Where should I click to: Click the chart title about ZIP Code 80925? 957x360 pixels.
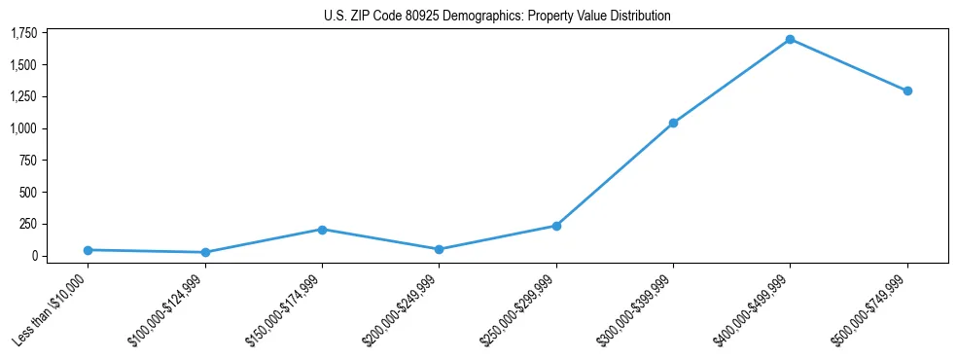(x=497, y=16)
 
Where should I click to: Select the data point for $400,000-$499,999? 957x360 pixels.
(x=790, y=40)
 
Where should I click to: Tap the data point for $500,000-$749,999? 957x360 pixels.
(x=907, y=90)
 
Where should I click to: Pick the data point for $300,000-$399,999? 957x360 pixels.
(x=673, y=124)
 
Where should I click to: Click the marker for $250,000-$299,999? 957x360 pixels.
(x=556, y=226)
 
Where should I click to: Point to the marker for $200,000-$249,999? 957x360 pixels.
(x=439, y=249)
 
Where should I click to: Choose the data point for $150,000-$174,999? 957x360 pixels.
(x=322, y=230)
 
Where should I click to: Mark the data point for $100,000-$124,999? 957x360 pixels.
(x=205, y=252)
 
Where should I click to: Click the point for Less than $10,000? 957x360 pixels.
(x=88, y=250)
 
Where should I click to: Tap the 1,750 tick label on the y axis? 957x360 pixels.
(x=23, y=33)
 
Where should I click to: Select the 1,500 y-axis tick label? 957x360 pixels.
(x=23, y=65)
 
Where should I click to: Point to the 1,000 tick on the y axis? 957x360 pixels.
(x=23, y=128)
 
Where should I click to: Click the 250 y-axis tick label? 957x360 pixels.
(x=29, y=224)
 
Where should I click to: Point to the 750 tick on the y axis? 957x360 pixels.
(x=29, y=161)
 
